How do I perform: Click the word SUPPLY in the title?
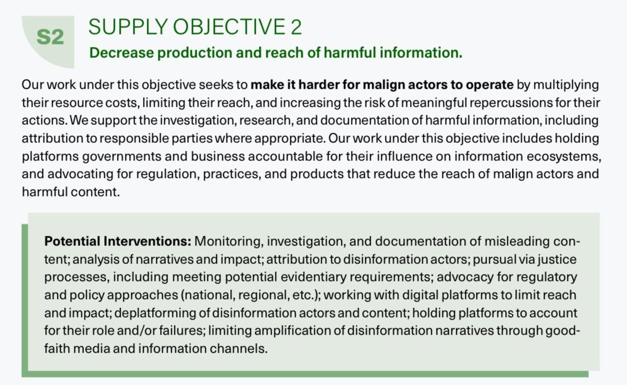pyautogui.click(x=128, y=28)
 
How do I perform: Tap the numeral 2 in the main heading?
pyautogui.click(x=296, y=28)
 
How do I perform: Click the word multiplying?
pyautogui.click(x=566, y=85)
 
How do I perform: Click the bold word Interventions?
pyautogui.click(x=147, y=241)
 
